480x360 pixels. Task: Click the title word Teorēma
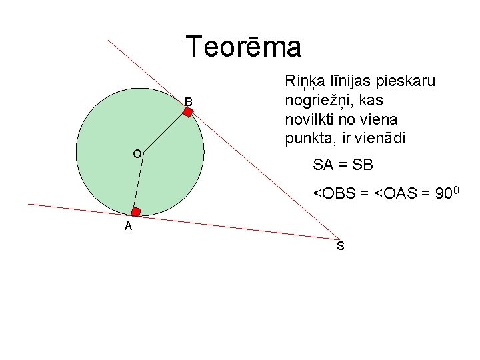[244, 47]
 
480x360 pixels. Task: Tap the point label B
[189, 101]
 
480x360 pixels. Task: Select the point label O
[137, 154]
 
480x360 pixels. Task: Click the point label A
[128, 227]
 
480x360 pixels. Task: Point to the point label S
[340, 247]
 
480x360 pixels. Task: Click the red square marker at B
[188, 113]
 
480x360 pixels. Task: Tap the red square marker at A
[135, 212]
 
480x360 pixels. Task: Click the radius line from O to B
[165, 133]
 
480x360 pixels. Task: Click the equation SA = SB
[343, 164]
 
